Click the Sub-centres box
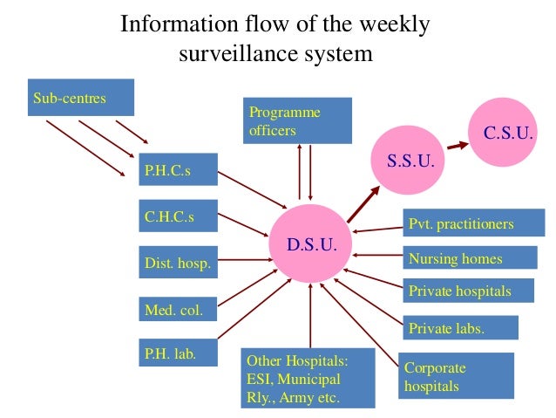(x=82, y=98)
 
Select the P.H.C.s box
(x=178, y=169)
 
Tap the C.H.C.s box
(x=178, y=217)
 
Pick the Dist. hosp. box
(x=178, y=263)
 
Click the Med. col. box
(x=178, y=308)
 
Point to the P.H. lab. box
(x=178, y=353)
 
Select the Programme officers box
(x=297, y=120)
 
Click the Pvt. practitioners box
(x=469, y=224)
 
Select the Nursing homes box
(x=470, y=258)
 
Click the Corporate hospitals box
(x=455, y=375)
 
